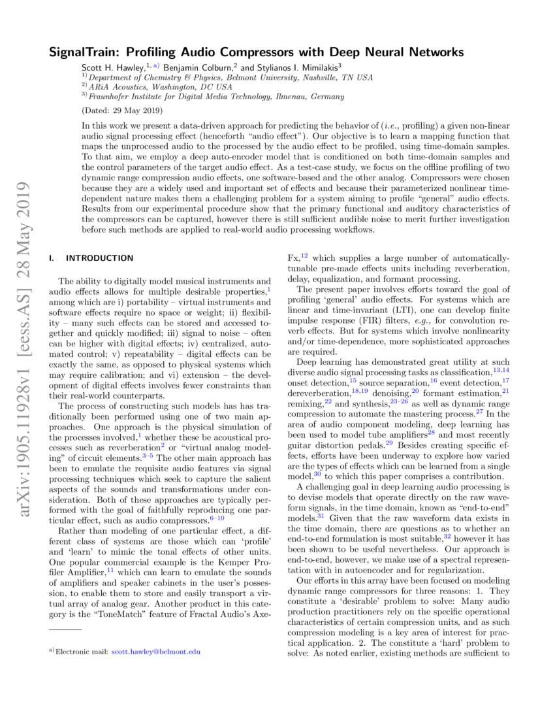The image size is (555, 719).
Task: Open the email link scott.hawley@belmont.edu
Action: tap(156, 652)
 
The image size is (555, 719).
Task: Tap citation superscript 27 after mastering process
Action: tap(480, 412)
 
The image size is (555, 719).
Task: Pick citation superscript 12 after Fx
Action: tap(305, 256)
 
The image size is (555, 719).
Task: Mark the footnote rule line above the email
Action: tap(65, 629)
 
